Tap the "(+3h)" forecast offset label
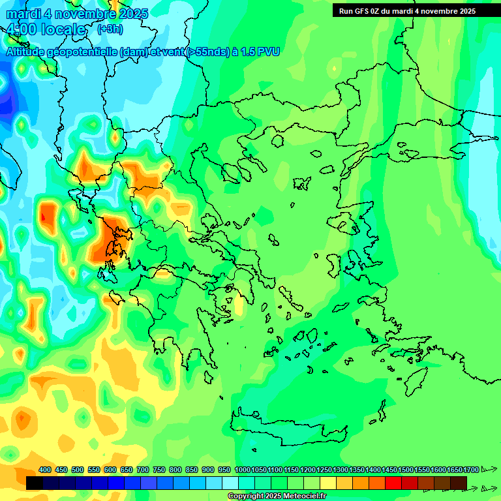(110, 29)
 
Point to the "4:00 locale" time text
(46, 30)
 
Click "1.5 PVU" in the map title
(259, 52)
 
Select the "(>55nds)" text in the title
(207, 52)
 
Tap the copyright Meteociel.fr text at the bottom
(277, 496)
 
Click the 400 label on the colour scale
(45, 470)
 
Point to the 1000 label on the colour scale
(243, 470)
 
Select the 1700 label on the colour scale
(471, 470)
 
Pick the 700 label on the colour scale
(143, 470)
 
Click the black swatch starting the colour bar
(35, 483)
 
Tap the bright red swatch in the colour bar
(393, 483)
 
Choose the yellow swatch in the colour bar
(328, 483)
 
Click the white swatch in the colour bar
(230, 483)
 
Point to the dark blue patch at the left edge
(7, 98)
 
